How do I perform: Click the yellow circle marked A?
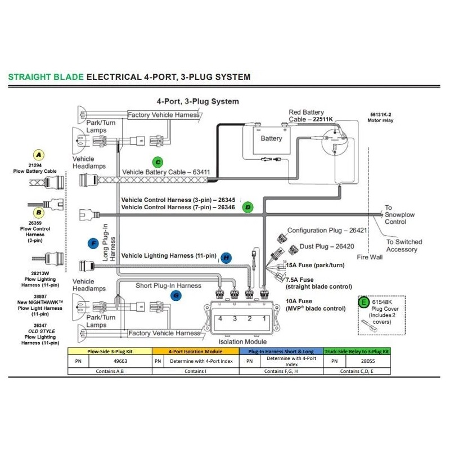click(x=38, y=155)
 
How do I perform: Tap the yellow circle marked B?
click(x=39, y=213)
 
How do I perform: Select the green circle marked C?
click(x=157, y=162)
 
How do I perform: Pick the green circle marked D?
click(x=247, y=207)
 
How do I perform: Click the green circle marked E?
click(x=363, y=302)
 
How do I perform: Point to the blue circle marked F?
click(x=93, y=244)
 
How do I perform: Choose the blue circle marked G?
click(x=176, y=295)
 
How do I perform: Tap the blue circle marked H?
click(x=226, y=258)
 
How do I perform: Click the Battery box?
click(x=272, y=141)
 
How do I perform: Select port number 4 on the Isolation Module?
click(x=220, y=318)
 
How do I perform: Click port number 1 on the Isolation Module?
click(x=264, y=318)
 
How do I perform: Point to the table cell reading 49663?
click(x=120, y=361)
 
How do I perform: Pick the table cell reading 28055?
click(x=368, y=361)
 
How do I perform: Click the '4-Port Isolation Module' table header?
click(x=195, y=351)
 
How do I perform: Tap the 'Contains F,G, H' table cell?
click(x=281, y=371)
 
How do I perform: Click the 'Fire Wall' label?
click(x=370, y=257)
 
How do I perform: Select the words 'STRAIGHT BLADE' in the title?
click(x=46, y=77)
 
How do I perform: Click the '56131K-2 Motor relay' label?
click(x=380, y=118)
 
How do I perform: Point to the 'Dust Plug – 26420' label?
click(x=327, y=246)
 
